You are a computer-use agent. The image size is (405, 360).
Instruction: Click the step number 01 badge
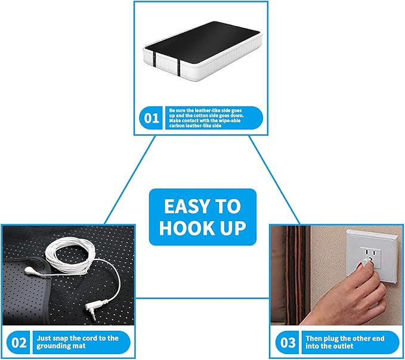[152, 118]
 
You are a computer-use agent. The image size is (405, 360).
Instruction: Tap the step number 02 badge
[20, 343]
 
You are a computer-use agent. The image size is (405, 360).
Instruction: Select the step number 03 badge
[288, 343]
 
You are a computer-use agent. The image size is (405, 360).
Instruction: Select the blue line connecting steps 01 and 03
[274, 179]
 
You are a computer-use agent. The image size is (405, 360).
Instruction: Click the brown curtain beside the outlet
[292, 274]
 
